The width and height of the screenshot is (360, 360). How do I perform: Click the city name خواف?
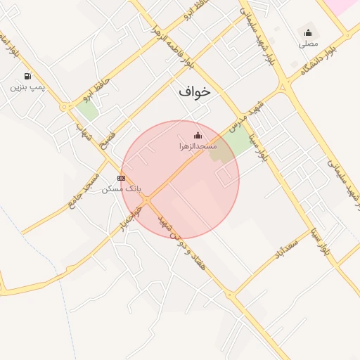pyautogui.click(x=195, y=91)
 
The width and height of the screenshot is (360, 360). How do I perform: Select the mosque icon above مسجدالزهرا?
pyautogui.click(x=198, y=135)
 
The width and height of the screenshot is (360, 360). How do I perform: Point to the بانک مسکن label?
pyautogui.click(x=122, y=188)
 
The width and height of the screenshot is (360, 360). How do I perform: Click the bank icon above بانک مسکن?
pyautogui.click(x=122, y=178)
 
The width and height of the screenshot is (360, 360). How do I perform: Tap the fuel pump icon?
pyautogui.click(x=27, y=76)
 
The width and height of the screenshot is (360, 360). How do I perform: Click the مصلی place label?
pyautogui.click(x=308, y=43)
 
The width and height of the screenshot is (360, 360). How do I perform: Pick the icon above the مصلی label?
pyautogui.click(x=308, y=32)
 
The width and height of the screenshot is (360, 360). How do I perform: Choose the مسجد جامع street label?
pyautogui.click(x=83, y=188)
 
